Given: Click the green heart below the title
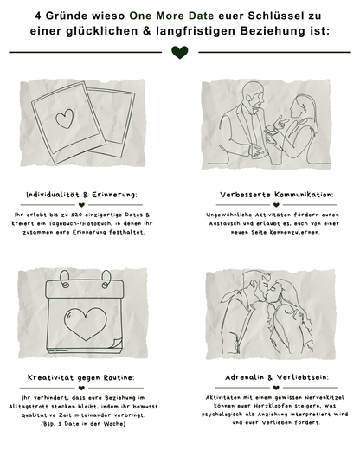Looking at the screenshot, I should click(179, 53).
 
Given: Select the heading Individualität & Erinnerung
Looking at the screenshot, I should click(81, 195).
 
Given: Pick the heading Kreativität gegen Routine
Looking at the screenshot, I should click(81, 378).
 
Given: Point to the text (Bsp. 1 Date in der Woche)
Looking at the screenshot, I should click(80, 426).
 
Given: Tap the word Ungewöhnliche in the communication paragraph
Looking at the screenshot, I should click(227, 213).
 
